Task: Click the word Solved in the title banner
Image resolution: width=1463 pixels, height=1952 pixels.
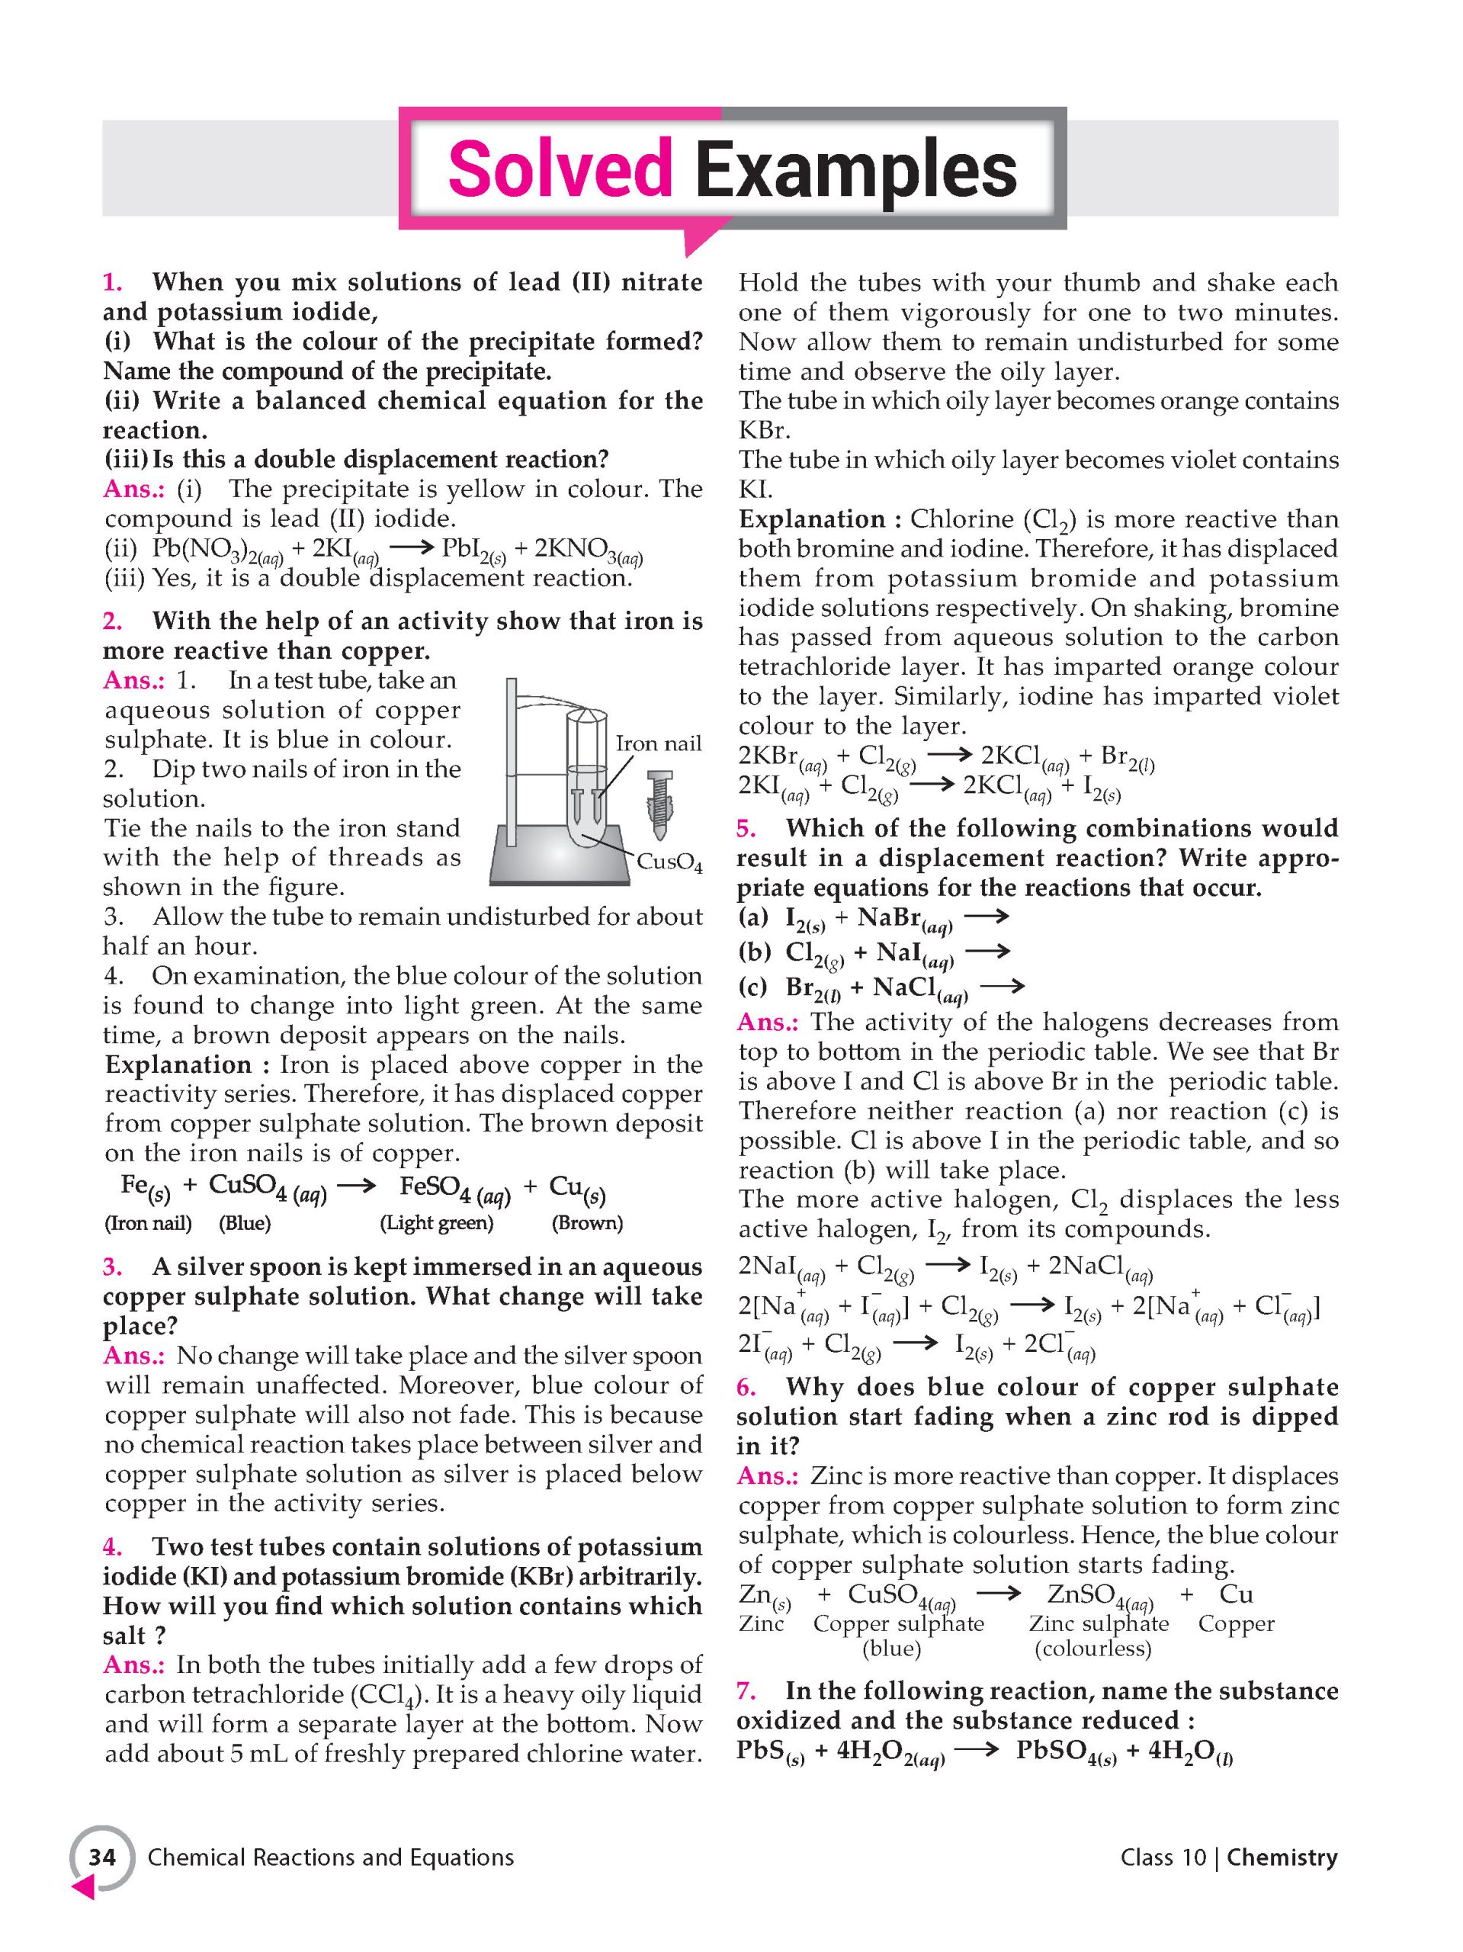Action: click(560, 169)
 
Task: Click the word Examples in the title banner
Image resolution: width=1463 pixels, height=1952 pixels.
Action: click(855, 169)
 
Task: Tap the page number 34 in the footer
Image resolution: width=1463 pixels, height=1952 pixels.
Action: click(102, 1857)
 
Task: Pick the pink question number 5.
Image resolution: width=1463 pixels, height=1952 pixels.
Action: click(746, 828)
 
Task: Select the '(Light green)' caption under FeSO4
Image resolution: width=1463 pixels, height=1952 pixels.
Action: click(437, 1223)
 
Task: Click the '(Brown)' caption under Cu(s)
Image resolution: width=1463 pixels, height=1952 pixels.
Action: click(587, 1223)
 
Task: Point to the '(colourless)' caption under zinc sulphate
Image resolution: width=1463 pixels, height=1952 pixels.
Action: click(1093, 1649)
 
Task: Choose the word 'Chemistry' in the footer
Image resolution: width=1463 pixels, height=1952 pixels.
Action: click(1282, 1857)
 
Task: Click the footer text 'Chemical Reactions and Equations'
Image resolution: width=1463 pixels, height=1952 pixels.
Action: click(331, 1857)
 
